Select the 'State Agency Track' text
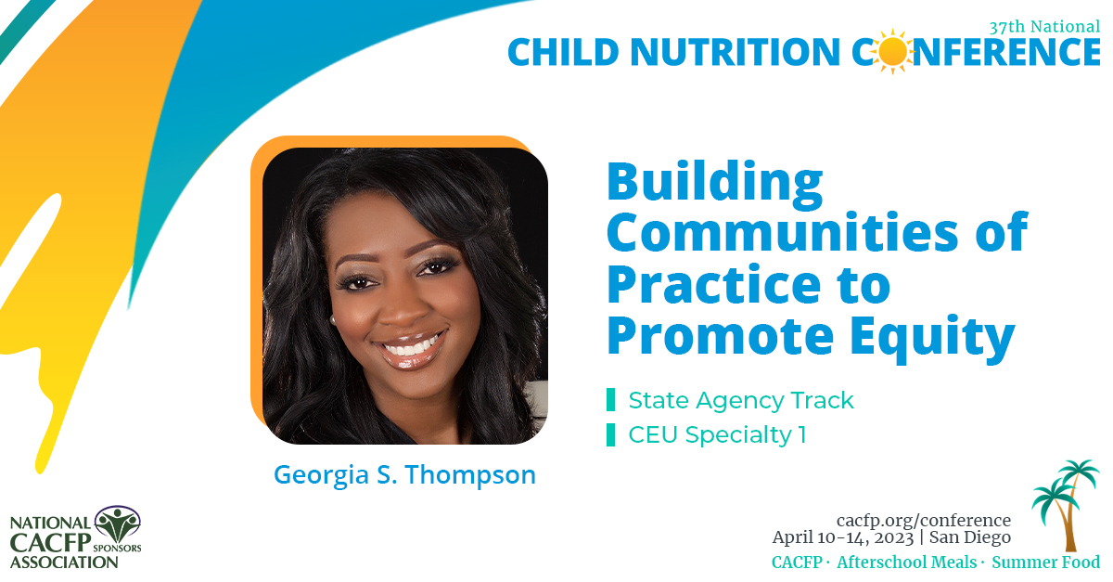(740, 400)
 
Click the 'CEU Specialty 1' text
(717, 434)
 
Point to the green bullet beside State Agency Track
(610, 400)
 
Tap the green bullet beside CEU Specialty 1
(610, 434)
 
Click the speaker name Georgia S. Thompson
(404, 475)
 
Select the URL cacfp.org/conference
(923, 520)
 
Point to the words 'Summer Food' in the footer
(1045, 563)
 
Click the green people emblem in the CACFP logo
(117, 525)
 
